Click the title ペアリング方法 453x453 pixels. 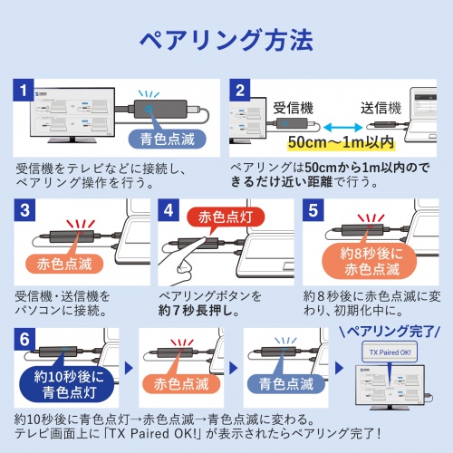click(x=226, y=41)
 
